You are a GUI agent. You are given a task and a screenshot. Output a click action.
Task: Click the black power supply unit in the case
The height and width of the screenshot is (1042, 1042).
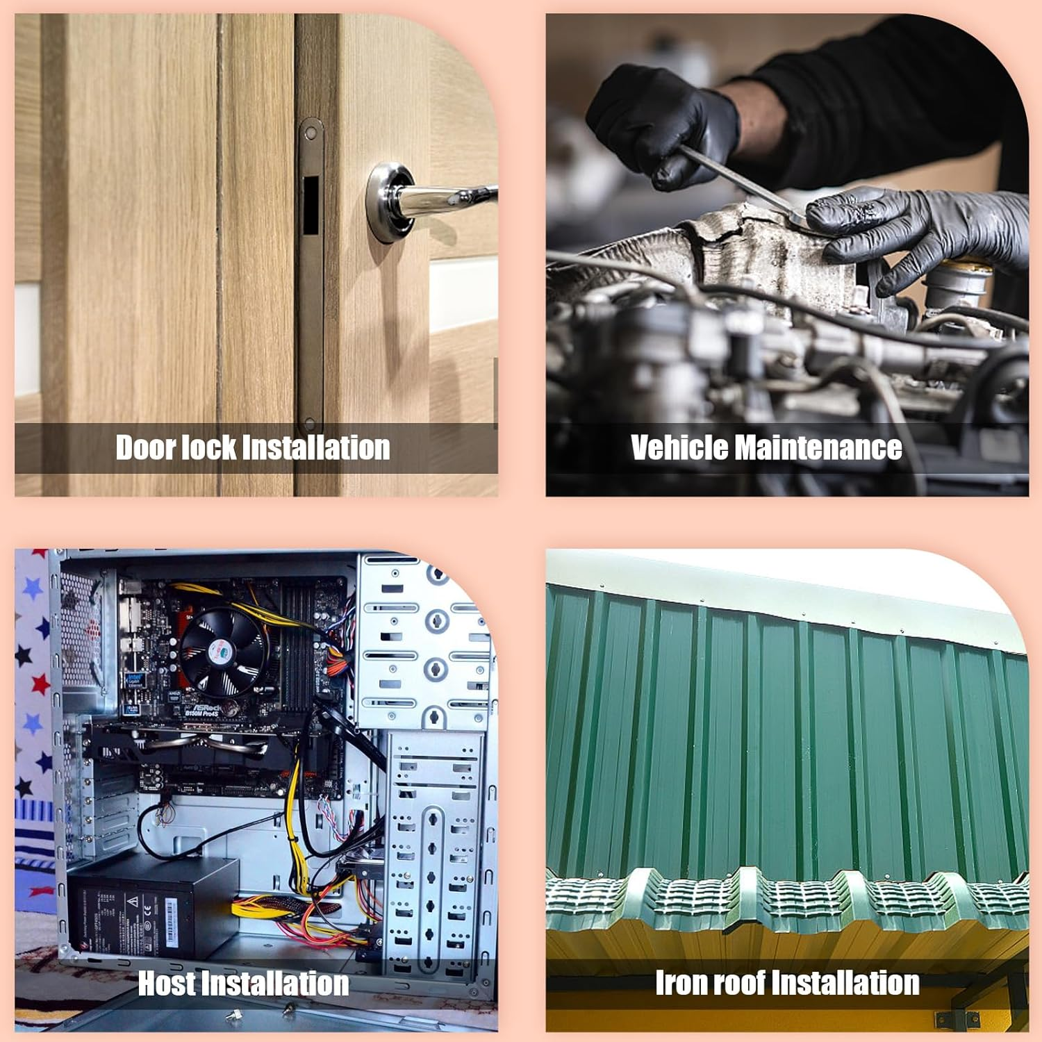153,910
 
